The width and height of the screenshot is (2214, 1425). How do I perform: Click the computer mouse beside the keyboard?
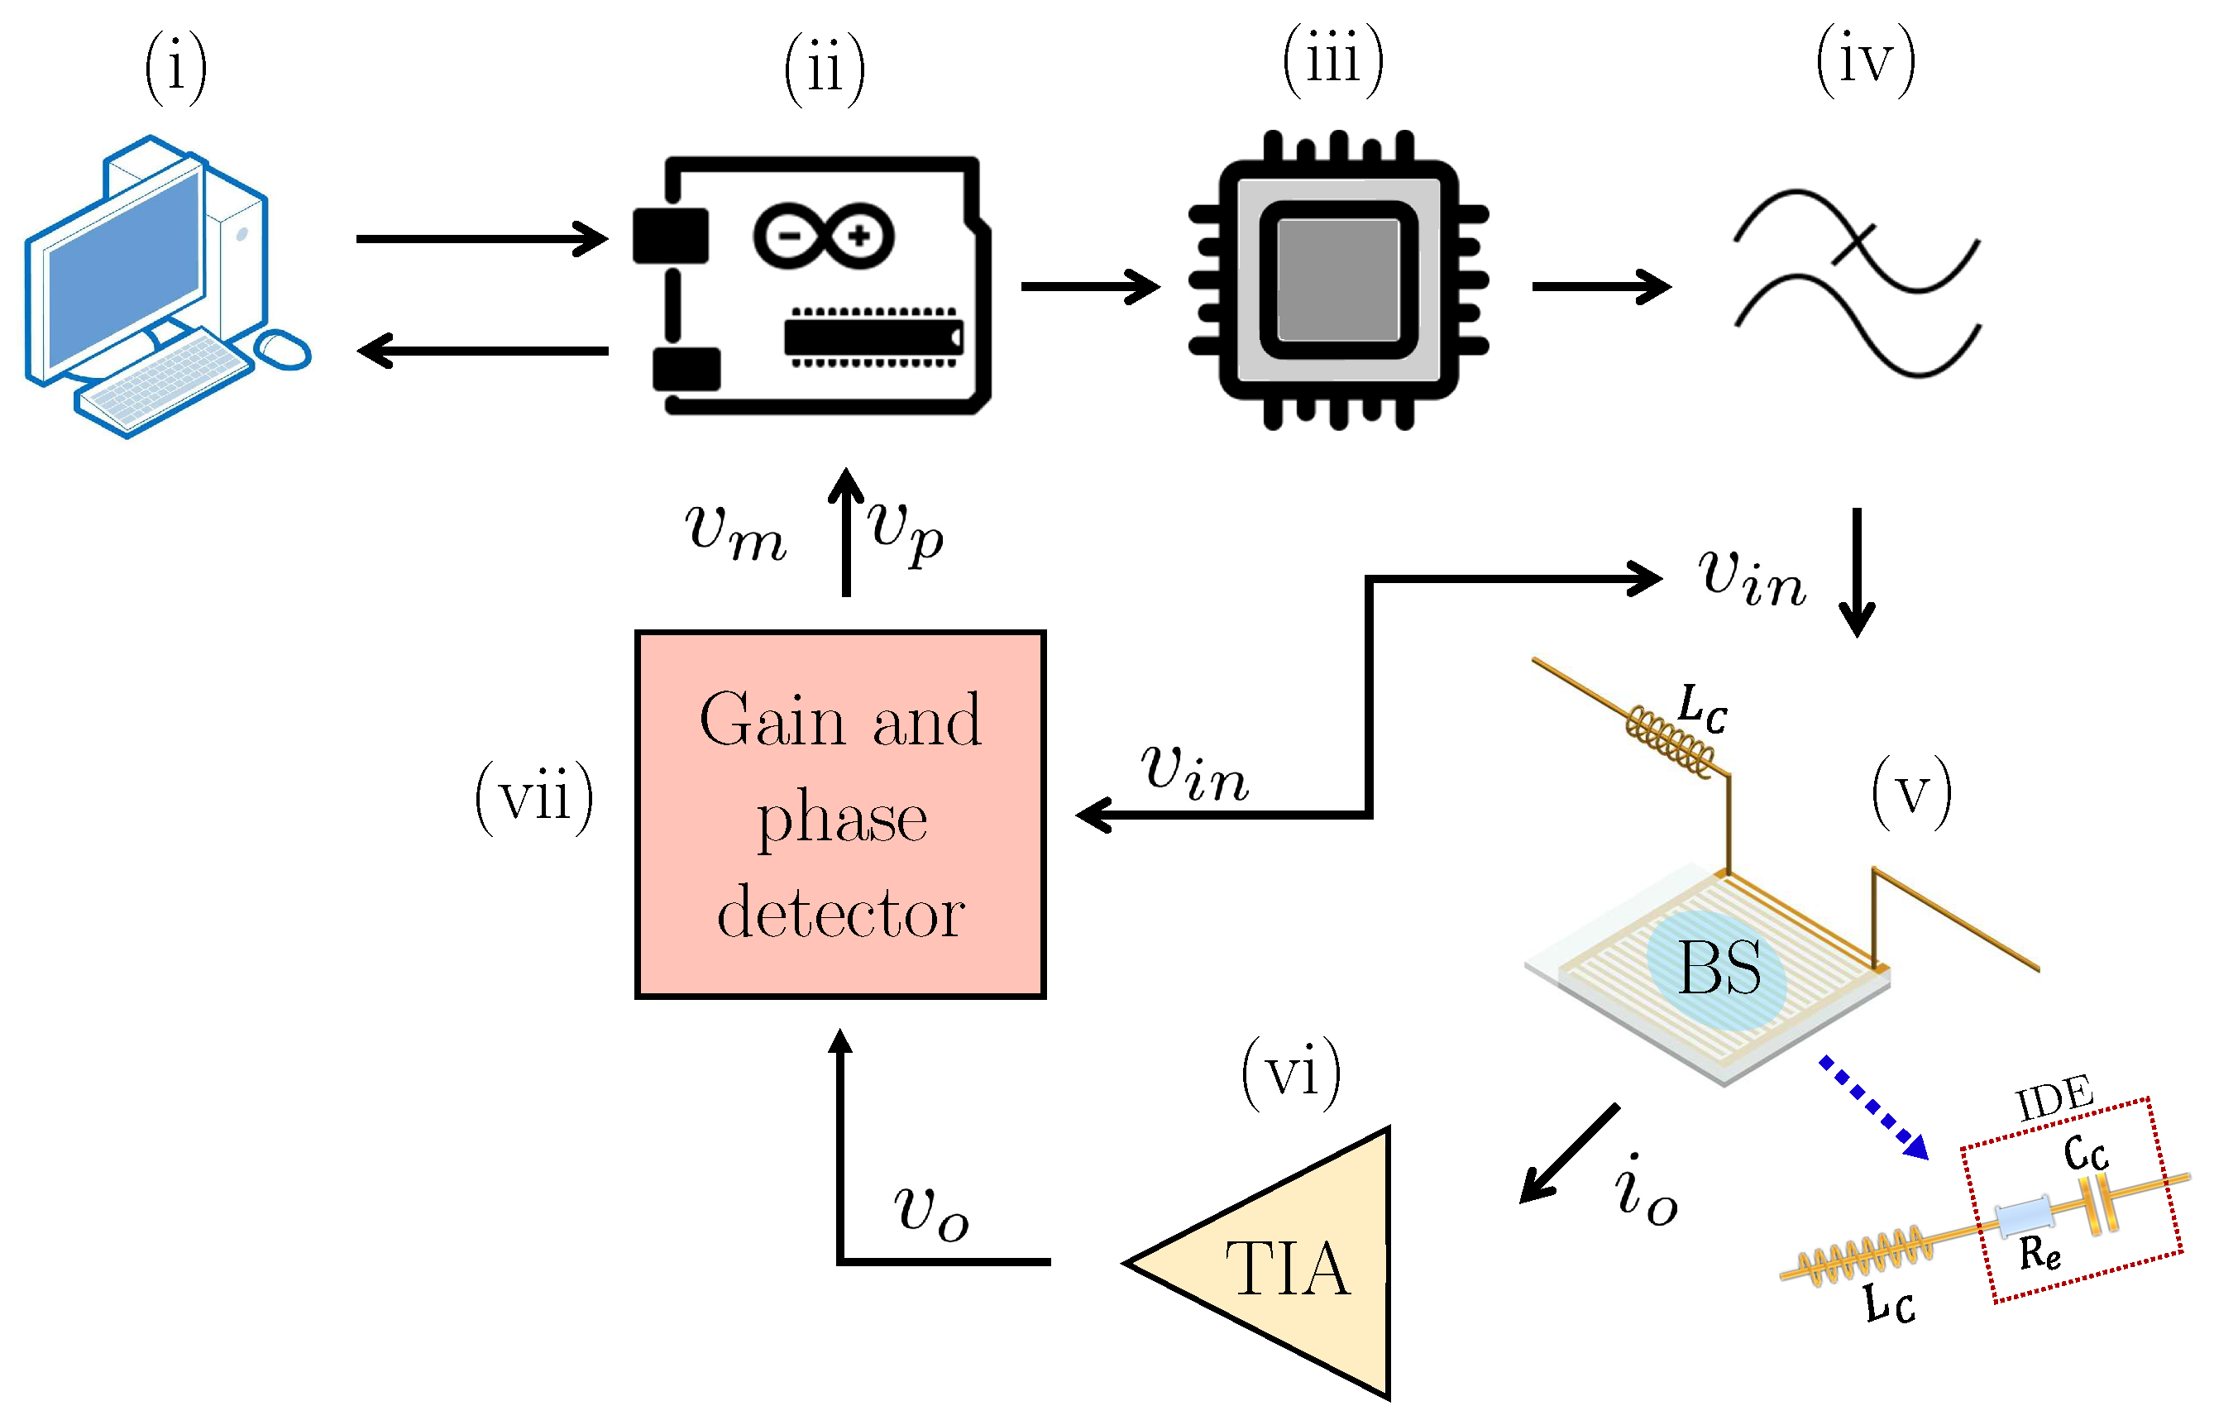(282, 350)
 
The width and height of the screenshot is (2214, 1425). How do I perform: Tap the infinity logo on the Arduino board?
(824, 236)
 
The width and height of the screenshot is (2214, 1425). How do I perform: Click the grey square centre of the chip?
(1338, 280)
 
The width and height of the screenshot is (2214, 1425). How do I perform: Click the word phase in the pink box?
(841, 818)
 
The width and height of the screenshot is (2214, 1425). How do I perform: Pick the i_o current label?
(1644, 1191)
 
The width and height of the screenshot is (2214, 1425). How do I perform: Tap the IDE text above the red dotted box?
(2054, 1098)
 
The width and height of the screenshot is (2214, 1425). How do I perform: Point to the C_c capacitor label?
(2086, 1153)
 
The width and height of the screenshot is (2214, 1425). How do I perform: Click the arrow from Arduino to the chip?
(1089, 286)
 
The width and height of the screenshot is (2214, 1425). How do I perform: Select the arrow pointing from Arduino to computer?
(482, 351)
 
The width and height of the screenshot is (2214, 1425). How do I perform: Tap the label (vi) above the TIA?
(1291, 1073)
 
